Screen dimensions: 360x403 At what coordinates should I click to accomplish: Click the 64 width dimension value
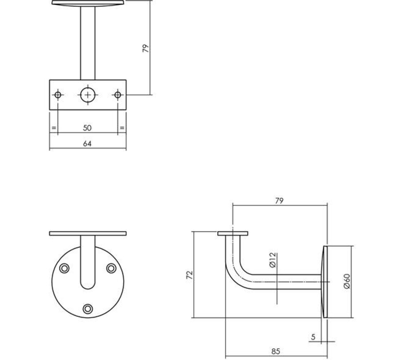[x=87, y=144]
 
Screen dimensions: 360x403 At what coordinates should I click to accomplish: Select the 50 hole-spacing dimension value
[x=87, y=128]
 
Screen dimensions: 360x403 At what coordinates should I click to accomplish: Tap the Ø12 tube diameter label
[x=273, y=260]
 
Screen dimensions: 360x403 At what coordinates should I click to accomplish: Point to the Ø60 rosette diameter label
[x=347, y=281]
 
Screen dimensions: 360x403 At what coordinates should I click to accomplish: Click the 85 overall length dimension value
[x=276, y=351]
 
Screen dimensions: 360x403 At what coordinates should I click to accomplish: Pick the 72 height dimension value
[x=190, y=275]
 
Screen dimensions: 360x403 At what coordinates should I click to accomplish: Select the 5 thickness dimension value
[x=313, y=337]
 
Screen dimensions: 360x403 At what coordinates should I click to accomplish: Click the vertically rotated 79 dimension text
[x=145, y=49]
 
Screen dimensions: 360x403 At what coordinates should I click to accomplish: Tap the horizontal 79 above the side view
[x=279, y=201]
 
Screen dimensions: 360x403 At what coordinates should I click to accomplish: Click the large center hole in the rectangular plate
[x=88, y=95]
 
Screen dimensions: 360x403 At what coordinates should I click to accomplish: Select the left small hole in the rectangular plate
[x=58, y=95]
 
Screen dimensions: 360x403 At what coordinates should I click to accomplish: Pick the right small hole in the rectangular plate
[x=117, y=95]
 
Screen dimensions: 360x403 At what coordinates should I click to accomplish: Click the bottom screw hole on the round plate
[x=88, y=309]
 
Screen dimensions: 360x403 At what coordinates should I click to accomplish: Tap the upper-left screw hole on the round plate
[x=64, y=268]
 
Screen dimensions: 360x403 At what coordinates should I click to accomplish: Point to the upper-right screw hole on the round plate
[x=111, y=268]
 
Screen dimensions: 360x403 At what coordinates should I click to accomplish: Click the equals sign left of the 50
[x=54, y=128]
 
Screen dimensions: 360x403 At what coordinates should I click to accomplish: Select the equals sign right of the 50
[x=122, y=128]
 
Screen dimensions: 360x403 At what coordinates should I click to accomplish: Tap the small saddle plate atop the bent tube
[x=233, y=233]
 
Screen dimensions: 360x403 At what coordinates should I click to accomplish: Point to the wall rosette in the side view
[x=325, y=282]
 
